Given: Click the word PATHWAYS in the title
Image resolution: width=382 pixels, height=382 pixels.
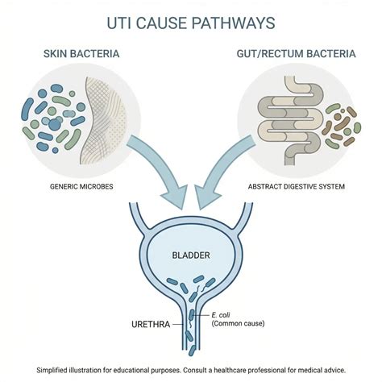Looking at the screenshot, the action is coord(233,23).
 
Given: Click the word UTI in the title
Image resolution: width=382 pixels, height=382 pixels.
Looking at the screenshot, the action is coord(119,23).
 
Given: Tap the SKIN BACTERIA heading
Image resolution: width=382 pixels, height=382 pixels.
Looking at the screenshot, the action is coord(81,54).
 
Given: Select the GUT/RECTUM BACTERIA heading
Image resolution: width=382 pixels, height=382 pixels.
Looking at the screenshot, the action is coord(296,54).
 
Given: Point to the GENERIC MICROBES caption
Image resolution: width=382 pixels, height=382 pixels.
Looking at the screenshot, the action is coord(81,186).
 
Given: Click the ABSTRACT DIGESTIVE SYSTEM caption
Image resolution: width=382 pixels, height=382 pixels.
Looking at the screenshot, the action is coord(297,186).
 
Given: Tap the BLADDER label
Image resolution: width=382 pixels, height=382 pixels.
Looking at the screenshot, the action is coord(191,255).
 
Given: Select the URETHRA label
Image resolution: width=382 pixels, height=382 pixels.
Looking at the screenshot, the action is coord(151,324).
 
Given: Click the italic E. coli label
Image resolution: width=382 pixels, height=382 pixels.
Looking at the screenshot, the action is coord(221,315).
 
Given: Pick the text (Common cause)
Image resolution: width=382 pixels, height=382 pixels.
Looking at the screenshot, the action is coord(238,323).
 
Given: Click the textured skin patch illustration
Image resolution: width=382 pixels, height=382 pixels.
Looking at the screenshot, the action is coord(103,121).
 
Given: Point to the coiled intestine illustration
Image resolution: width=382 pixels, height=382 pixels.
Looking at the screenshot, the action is coord(290,121).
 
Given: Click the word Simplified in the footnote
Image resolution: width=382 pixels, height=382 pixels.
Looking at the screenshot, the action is coord(52,370).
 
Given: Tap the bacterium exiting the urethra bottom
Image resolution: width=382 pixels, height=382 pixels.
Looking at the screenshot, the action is coord(192,351).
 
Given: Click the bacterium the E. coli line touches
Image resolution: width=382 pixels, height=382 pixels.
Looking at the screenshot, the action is coord(191,315).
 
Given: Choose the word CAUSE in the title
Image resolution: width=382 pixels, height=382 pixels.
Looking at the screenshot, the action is coord(161,23).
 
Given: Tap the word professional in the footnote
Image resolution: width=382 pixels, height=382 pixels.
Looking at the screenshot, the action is coord(267,371).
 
